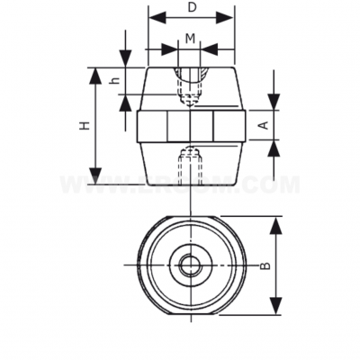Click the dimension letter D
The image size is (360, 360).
[191, 7]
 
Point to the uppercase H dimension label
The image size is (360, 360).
[84, 126]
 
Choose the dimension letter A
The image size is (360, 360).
[262, 126]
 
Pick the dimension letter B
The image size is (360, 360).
[265, 265]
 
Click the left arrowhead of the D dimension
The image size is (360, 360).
[152, 18]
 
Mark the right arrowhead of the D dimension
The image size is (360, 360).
[229, 18]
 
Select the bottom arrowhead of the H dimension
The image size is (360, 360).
[95, 181]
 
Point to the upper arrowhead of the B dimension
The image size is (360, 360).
[277, 220]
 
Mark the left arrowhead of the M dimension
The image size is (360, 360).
[165, 49]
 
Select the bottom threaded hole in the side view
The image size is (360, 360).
[189, 166]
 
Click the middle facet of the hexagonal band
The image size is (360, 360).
[189, 126]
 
